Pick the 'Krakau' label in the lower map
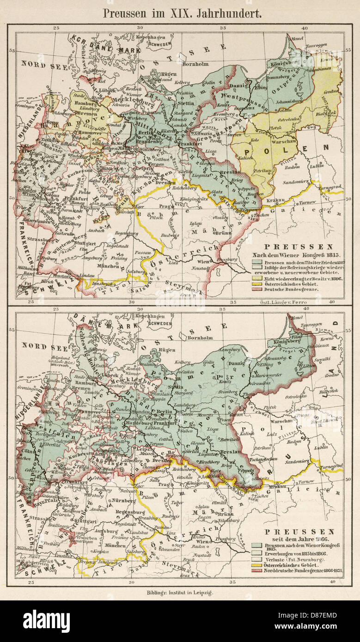(276, 486)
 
